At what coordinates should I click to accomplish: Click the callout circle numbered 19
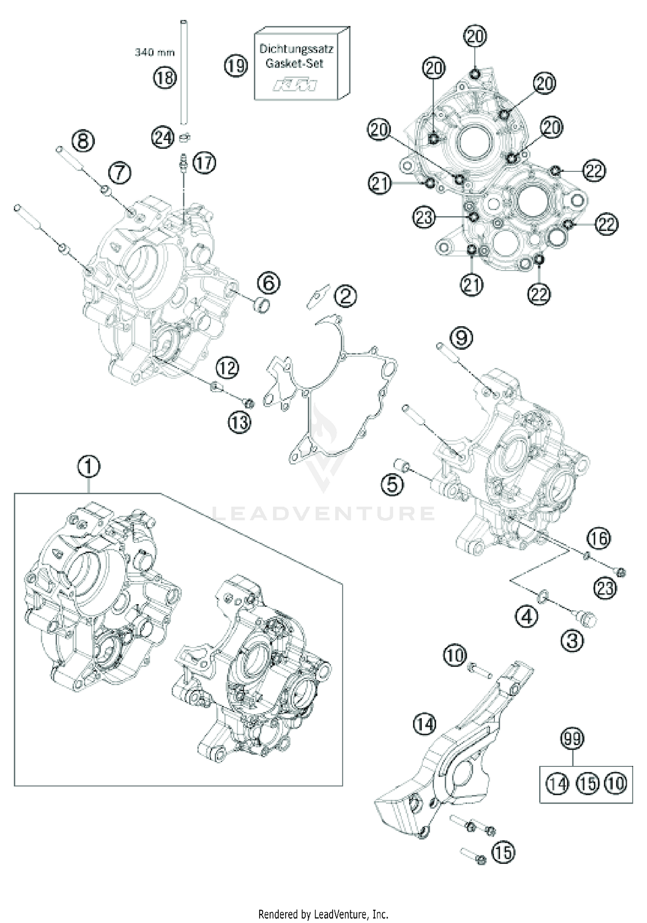pyautogui.click(x=236, y=66)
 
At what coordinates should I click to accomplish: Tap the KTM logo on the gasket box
pyautogui.click(x=295, y=85)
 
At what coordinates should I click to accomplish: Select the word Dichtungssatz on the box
pyautogui.click(x=296, y=49)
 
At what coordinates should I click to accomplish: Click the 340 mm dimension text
pyautogui.click(x=155, y=53)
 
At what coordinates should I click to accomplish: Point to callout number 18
pyautogui.click(x=165, y=78)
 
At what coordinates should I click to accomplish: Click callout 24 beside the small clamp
pyautogui.click(x=163, y=138)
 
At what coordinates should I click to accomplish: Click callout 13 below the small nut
pyautogui.click(x=239, y=422)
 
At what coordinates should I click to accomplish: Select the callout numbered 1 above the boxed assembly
pyautogui.click(x=89, y=467)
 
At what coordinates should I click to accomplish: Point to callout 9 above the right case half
pyautogui.click(x=461, y=337)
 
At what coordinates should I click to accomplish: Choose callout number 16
pyautogui.click(x=599, y=538)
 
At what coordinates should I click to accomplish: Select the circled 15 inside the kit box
pyautogui.click(x=587, y=783)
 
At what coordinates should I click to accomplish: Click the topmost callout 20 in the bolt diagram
pyautogui.click(x=475, y=36)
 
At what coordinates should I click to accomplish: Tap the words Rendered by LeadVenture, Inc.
pyautogui.click(x=323, y=914)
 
